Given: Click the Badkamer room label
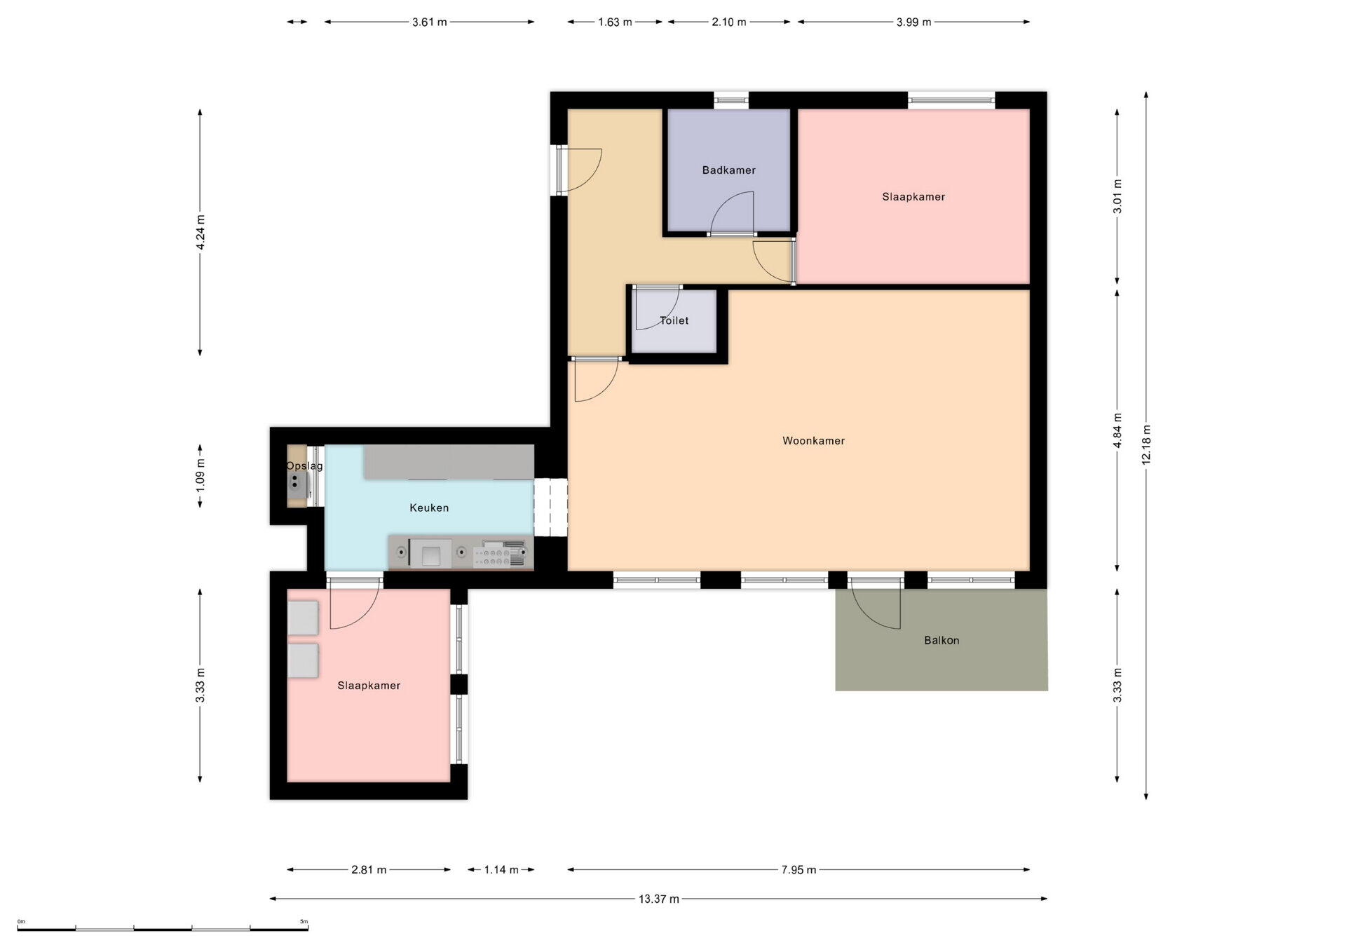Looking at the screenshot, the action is click(x=728, y=170).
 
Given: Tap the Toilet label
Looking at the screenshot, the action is click(x=674, y=321).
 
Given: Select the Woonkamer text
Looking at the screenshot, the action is click(x=813, y=441).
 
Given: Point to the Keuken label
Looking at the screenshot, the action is click(x=429, y=508).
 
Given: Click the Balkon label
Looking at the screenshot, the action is click(x=941, y=641).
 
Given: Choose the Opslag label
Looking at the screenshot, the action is click(x=304, y=466).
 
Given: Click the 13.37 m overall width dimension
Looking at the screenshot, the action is click(x=658, y=899).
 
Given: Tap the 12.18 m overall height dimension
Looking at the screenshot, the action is click(x=1146, y=444).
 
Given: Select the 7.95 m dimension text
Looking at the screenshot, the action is click(x=798, y=870).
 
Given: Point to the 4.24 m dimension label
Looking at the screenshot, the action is click(x=200, y=232).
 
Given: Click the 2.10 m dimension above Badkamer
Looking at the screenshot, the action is click(x=728, y=22).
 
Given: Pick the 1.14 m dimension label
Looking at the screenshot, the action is click(x=501, y=870).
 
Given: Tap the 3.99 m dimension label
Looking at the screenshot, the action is click(x=913, y=22).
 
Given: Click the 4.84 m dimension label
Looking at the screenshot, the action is click(x=1117, y=430).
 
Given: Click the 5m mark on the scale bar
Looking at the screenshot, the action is click(x=304, y=922).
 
